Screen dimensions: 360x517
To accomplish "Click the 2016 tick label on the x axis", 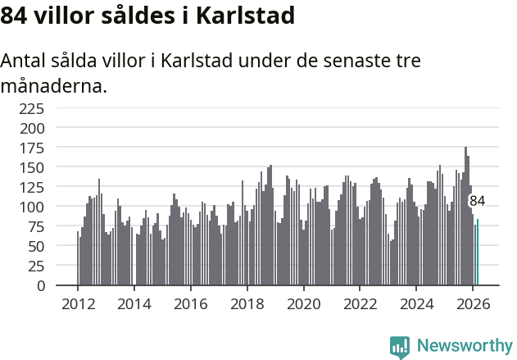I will (191, 303).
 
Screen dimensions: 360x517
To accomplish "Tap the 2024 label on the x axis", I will (416, 303).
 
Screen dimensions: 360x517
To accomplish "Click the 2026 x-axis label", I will (473, 303).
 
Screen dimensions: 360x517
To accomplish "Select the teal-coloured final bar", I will (478, 253).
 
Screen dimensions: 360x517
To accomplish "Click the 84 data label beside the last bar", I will (477, 201).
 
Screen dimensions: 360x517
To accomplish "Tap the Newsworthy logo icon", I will (400, 347).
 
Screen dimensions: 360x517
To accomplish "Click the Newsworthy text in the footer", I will (464, 346).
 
